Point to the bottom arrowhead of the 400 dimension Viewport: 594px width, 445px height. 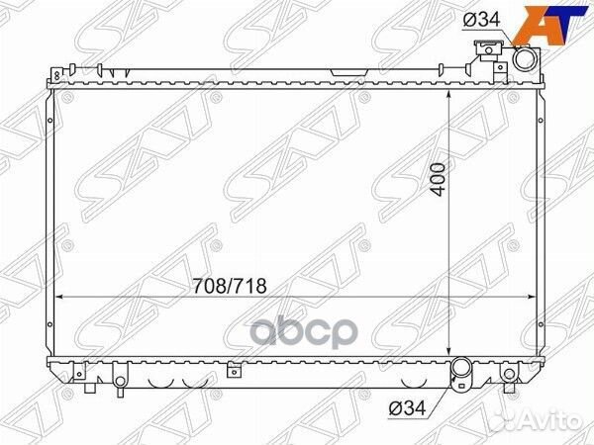pos(450,355)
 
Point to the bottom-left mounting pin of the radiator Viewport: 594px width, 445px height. pos(118,379)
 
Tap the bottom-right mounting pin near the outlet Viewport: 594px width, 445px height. pos(509,377)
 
